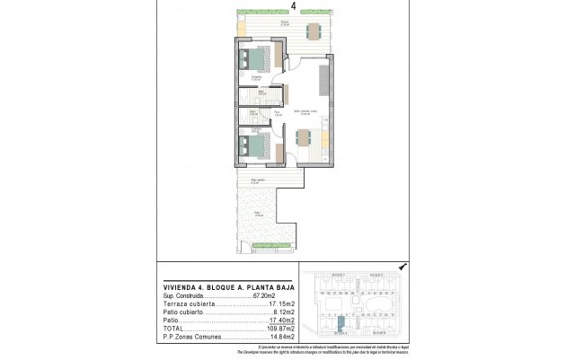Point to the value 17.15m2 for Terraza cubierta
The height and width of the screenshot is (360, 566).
pos(272,303)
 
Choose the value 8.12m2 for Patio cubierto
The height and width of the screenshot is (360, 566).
pos(275,311)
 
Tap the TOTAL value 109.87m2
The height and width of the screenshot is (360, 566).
pos(271,327)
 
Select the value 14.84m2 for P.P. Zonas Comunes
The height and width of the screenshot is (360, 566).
pos(272,335)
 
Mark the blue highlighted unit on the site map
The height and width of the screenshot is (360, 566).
pos(341,324)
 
